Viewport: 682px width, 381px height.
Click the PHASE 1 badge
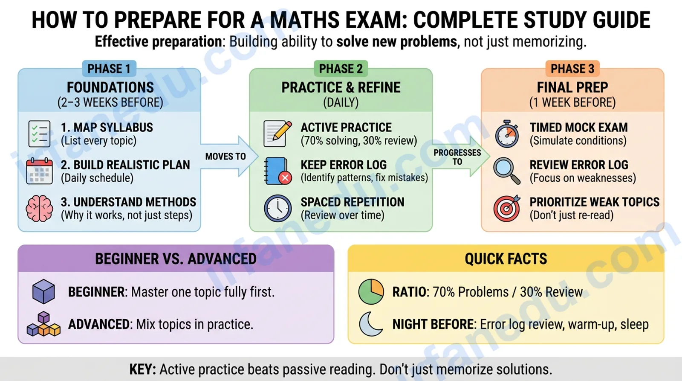[109, 69]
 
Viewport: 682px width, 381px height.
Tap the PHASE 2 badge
[341, 69]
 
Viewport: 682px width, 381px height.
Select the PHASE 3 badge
[572, 69]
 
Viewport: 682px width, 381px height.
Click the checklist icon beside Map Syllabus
[39, 134]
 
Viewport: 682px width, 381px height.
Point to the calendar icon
[39, 171]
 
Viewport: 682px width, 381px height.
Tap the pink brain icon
[39, 209]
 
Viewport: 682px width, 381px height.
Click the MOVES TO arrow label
[225, 156]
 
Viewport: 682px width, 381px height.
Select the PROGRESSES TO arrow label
[457, 157]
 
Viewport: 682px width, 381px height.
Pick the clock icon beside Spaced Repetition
[277, 209]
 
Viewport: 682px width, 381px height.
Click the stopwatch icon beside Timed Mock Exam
[507, 134]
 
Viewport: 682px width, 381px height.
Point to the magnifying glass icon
[507, 171]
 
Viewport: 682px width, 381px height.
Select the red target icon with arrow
[507, 209]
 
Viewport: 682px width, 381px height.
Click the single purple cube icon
[43, 292]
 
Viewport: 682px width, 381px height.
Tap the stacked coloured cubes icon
[43, 324]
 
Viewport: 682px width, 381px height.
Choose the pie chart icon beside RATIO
[371, 292]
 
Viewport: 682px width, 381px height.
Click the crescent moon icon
[370, 324]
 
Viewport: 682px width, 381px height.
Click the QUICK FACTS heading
[506, 259]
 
